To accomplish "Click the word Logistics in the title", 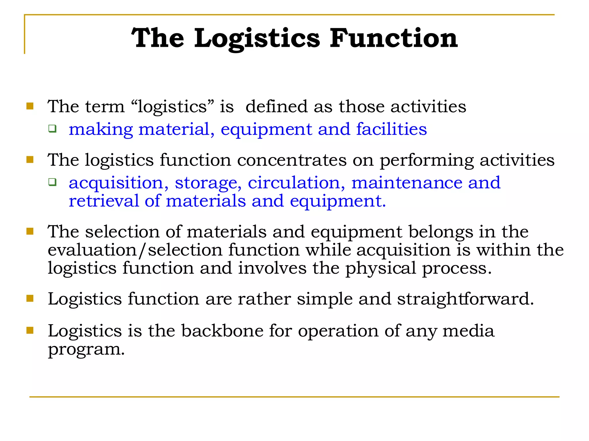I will coord(257,38).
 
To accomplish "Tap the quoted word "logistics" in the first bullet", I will coord(173,107).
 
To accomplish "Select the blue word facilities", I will coord(391,129).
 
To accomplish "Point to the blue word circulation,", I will coord(296,183).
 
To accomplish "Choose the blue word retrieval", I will coord(104,201).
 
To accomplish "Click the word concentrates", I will coord(292,160).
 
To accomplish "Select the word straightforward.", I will coord(465,299).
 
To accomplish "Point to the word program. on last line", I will coord(86,350).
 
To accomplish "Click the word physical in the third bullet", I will coord(380,268).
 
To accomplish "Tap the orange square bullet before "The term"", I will coord(30,106).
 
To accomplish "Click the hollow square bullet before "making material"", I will coord(52,129).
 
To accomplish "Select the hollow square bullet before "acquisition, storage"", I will coord(52,182).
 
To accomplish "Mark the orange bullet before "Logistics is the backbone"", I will coord(30,330).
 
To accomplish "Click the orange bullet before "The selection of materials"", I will coord(30,231).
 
